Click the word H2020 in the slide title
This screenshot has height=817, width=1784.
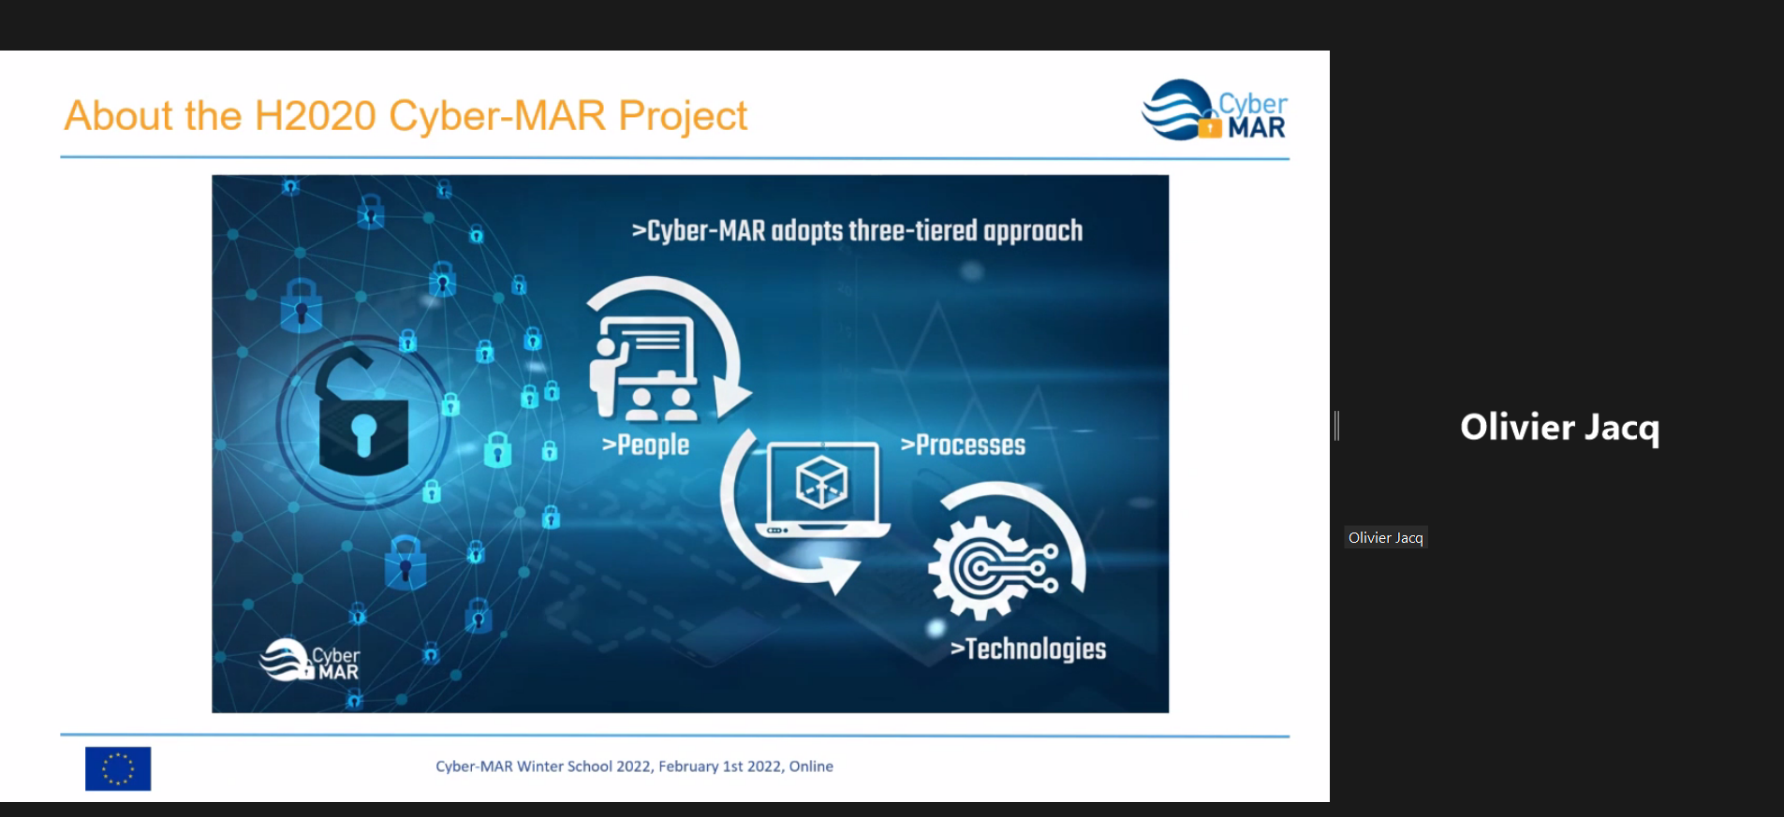click(316, 116)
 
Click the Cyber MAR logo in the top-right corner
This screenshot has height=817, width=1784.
click(1215, 110)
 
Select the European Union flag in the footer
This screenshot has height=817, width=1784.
click(118, 768)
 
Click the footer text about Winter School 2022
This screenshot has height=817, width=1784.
click(634, 766)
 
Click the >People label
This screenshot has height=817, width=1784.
click(645, 445)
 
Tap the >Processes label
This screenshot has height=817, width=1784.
click(963, 445)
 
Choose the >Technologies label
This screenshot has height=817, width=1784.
click(1028, 649)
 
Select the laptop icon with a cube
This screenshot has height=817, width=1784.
click(823, 488)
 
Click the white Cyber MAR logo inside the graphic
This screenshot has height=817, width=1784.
click(309, 660)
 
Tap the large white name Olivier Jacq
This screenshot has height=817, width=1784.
click(1559, 428)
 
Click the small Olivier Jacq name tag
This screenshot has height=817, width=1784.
click(1386, 537)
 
